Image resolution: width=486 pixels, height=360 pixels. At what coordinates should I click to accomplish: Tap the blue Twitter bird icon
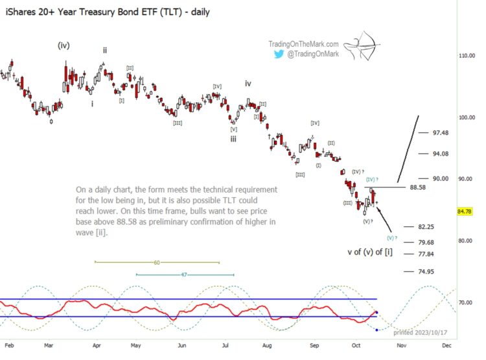(278, 54)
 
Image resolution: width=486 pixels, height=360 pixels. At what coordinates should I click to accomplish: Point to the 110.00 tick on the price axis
(467, 56)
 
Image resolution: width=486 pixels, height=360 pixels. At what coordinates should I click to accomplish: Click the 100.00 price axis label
(467, 117)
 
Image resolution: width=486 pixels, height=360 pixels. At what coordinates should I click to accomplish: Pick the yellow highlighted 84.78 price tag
(464, 211)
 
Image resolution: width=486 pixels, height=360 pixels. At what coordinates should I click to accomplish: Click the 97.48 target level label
(441, 133)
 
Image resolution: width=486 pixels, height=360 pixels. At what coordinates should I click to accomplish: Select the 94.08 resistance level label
(441, 154)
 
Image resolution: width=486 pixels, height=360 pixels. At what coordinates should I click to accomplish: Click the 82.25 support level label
(426, 227)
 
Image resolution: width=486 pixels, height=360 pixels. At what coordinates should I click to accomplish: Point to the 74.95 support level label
(426, 272)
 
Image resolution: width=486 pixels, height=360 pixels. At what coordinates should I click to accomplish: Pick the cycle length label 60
(157, 263)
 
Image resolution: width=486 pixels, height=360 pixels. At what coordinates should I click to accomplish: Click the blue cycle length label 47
(184, 275)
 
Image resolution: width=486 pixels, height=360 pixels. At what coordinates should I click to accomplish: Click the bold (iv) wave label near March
(64, 45)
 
